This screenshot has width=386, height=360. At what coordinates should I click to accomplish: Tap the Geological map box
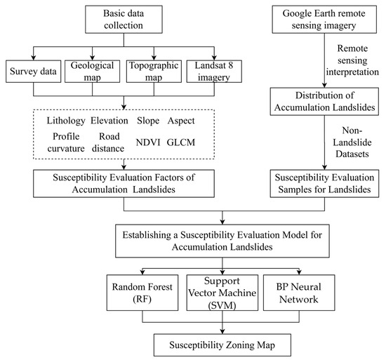pos(93,73)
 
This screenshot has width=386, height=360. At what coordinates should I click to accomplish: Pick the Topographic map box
pos(151,73)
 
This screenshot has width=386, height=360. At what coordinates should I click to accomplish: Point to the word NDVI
pos(149,142)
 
